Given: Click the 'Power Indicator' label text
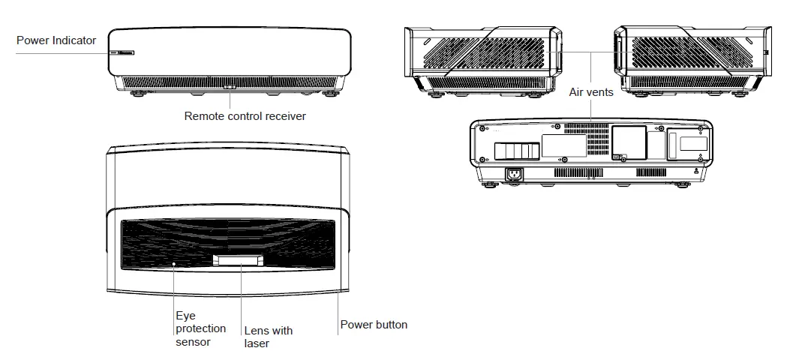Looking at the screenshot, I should [56, 40].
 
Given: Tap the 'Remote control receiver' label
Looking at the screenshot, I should [245, 116].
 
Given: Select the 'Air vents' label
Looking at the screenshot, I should [591, 92].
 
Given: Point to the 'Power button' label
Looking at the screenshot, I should [374, 325].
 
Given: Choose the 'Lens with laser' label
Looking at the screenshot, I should [268, 337].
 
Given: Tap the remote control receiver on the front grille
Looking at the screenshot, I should [230, 86].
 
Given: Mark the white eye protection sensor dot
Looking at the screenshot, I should [174, 264].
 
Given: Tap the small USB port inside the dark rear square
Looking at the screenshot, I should [617, 157].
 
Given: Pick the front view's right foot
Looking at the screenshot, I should [328, 94].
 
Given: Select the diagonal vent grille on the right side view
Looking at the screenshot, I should [690, 53].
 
